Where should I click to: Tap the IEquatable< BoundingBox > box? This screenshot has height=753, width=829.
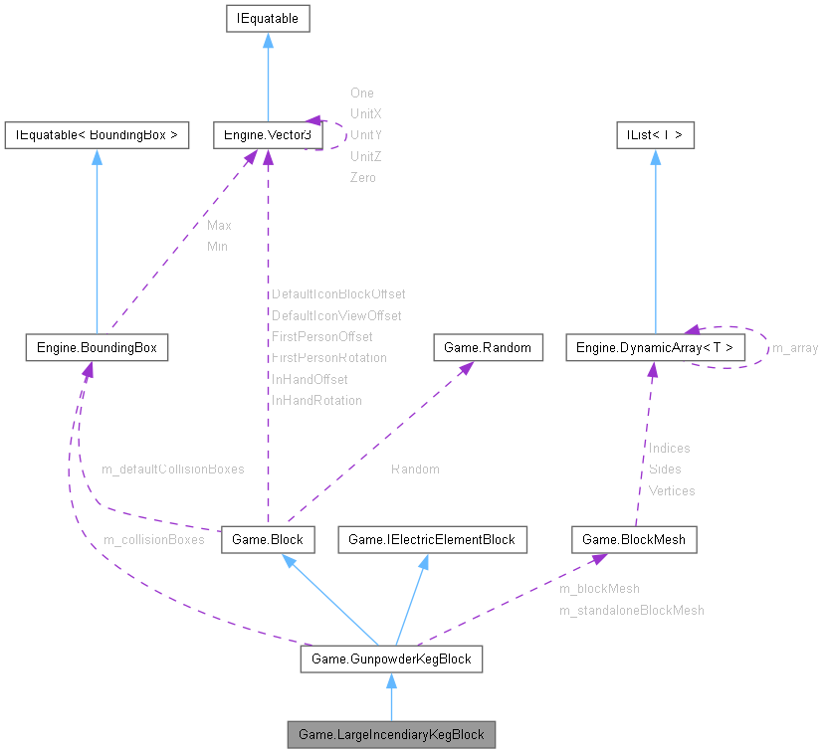click(x=97, y=134)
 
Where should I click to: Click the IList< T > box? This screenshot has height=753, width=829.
click(x=654, y=134)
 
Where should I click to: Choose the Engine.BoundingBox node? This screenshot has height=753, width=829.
click(x=96, y=347)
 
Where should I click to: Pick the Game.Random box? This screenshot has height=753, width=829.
click(x=489, y=347)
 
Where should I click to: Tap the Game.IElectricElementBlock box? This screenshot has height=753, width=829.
click(x=432, y=539)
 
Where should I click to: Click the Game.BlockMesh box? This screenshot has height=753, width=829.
click(x=634, y=539)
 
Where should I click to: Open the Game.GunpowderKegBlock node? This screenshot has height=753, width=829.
click(x=391, y=659)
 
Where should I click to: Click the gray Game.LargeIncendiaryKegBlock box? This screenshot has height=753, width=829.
click(x=391, y=735)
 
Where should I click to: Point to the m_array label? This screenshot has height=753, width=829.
click(x=795, y=347)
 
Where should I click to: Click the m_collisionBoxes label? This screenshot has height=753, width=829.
click(x=153, y=539)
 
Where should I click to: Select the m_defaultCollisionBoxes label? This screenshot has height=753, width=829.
click(x=172, y=468)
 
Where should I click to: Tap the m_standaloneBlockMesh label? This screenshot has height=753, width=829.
click(x=631, y=610)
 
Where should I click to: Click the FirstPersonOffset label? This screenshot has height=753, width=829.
click(x=322, y=336)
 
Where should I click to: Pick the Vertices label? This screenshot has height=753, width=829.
click(x=672, y=490)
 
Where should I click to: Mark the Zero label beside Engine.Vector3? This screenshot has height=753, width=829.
click(x=363, y=177)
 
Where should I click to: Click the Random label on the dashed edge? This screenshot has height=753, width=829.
click(x=415, y=469)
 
